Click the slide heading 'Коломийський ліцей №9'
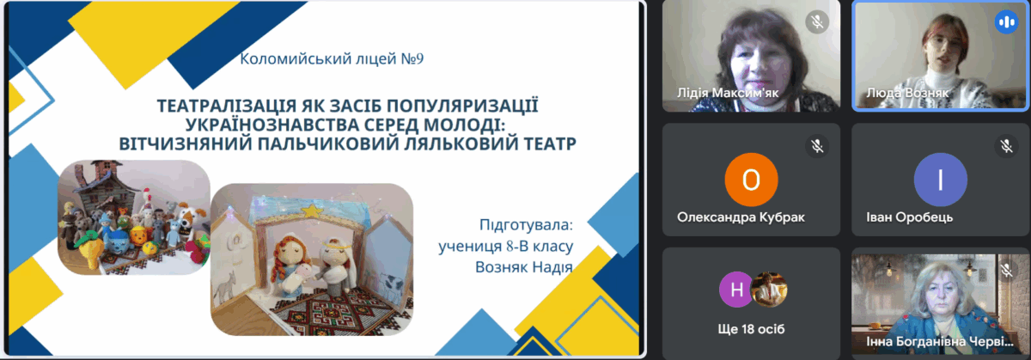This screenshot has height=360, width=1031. point(332,59)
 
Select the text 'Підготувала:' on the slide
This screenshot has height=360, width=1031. point(526,225)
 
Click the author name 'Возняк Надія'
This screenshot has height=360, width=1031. point(524,267)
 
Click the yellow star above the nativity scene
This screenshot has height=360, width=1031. point(312,211)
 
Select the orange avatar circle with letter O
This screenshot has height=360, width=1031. point(751,180)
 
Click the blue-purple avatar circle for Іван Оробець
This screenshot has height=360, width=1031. point(940,180)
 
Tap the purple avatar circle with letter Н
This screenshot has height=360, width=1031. point(736,290)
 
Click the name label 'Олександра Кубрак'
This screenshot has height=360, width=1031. point(741,217)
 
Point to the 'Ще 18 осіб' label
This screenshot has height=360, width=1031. point(751,329)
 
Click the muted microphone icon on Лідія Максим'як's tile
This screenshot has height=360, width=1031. point(817,21)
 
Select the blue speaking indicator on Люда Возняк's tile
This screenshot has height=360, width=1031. point(1006,21)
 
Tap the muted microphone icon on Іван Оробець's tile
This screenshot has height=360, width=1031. point(1006,146)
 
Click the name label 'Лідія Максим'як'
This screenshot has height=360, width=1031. point(727,93)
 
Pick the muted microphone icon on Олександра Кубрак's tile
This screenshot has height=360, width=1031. point(817,146)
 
